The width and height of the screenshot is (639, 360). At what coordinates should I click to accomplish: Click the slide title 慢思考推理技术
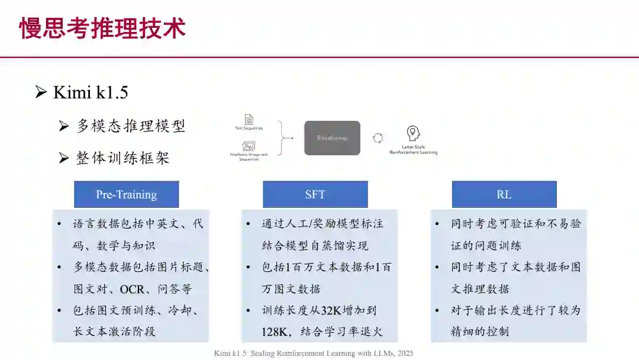coord(102,28)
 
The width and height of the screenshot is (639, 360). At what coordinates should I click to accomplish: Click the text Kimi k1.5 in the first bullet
coord(91,92)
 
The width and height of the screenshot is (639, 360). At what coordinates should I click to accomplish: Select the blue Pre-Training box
coord(126,194)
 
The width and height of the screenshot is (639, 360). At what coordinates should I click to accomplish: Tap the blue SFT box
coord(315,194)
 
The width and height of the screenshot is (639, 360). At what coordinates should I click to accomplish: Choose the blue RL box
coord(504,194)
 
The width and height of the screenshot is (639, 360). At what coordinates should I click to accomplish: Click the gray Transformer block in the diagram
coord(332,138)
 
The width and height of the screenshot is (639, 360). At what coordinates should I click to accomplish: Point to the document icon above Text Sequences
coord(249,119)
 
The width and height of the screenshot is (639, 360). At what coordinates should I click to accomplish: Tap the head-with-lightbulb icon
coord(413,133)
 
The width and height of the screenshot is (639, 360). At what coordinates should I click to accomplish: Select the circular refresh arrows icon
coord(377,138)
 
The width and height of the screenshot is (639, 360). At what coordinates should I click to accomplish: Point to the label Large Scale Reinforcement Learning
coord(413,149)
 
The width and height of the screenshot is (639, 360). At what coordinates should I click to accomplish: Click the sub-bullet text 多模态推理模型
coord(131,126)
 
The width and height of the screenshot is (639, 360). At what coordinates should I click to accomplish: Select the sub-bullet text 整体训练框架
coord(122,157)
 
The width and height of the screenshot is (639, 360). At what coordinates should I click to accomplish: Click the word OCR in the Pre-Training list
coord(131,289)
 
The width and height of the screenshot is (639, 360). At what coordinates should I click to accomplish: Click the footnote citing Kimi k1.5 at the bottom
coord(314,353)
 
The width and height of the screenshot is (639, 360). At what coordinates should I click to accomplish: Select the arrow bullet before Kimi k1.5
coord(41,92)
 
